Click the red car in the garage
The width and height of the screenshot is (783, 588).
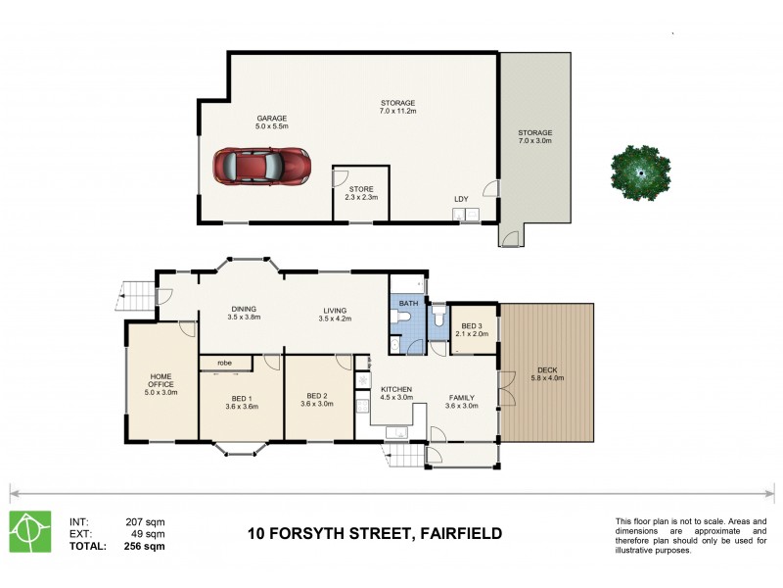[260, 166]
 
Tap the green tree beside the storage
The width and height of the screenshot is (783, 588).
[641, 172]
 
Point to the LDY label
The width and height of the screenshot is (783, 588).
[461, 199]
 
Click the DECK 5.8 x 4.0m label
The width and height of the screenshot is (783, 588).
[547, 373]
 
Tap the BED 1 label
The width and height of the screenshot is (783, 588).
[241, 401]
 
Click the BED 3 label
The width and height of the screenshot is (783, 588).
[473, 325]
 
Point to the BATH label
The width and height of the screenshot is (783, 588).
[407, 304]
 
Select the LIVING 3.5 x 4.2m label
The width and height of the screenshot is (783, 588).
[335, 313]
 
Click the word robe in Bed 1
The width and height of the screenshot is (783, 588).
[224, 363]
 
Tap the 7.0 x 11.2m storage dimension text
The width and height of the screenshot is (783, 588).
[398, 112]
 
